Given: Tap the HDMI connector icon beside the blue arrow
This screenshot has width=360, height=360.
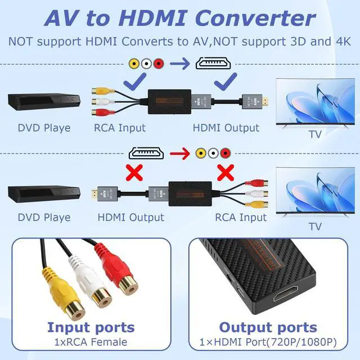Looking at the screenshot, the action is pyautogui.click(x=215, y=64).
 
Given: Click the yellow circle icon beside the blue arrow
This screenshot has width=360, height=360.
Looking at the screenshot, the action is pyautogui.click(x=134, y=64).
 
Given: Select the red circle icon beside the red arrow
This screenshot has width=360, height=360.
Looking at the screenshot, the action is pyautogui.click(x=226, y=152).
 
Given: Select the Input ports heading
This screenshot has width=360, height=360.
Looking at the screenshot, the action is pyautogui.click(x=91, y=328).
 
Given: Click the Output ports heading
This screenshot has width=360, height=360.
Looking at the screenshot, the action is pyautogui.click(x=268, y=328).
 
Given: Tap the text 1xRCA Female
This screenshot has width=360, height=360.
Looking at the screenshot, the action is pyautogui.click(x=91, y=342).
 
